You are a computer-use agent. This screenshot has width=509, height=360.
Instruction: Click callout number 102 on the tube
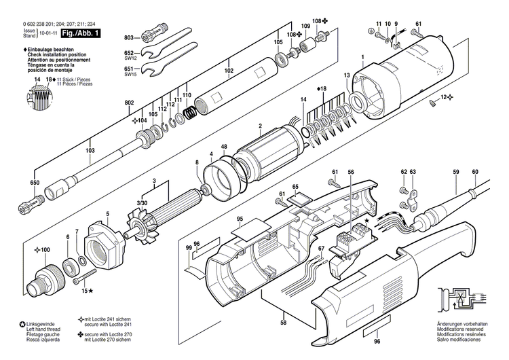point(229,70)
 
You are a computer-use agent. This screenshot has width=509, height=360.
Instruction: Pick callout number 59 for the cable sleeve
point(456,172)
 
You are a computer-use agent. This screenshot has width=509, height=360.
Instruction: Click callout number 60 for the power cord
point(475,172)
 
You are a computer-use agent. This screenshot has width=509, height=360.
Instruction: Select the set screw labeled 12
point(432,103)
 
